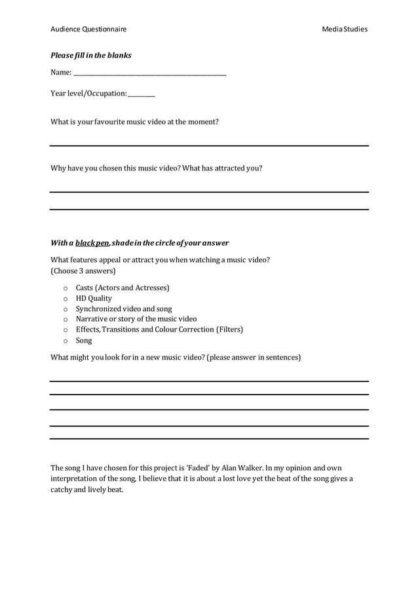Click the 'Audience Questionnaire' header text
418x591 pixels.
click(x=88, y=29)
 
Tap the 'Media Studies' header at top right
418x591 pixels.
click(x=345, y=29)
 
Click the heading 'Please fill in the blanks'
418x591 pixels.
click(x=91, y=56)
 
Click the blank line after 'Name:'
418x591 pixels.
click(x=150, y=76)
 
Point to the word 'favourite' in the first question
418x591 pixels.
click(x=109, y=122)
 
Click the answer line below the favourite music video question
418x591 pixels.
click(x=209, y=145)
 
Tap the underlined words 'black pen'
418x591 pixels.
click(x=92, y=243)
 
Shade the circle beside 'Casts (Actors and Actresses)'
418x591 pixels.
click(x=65, y=288)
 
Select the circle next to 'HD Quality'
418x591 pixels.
click(x=65, y=299)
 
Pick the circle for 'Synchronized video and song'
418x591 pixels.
click(x=65, y=309)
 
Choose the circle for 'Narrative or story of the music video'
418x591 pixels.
click(x=65, y=320)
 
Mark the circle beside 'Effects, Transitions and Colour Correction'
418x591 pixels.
click(x=65, y=330)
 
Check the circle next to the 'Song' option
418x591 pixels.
click(x=65, y=341)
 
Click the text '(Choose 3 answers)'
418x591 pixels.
click(x=83, y=271)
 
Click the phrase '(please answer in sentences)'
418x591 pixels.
click(x=254, y=358)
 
